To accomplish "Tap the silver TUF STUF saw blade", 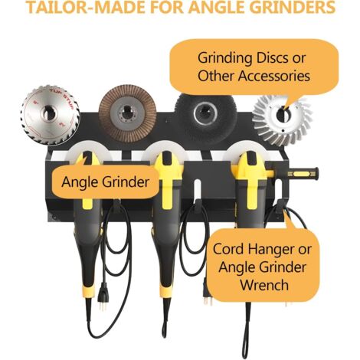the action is point(50,115).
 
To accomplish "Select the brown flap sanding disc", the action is point(127,113).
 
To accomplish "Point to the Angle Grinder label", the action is point(105,182).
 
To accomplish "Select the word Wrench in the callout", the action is point(264,285).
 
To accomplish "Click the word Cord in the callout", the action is point(227,249).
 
